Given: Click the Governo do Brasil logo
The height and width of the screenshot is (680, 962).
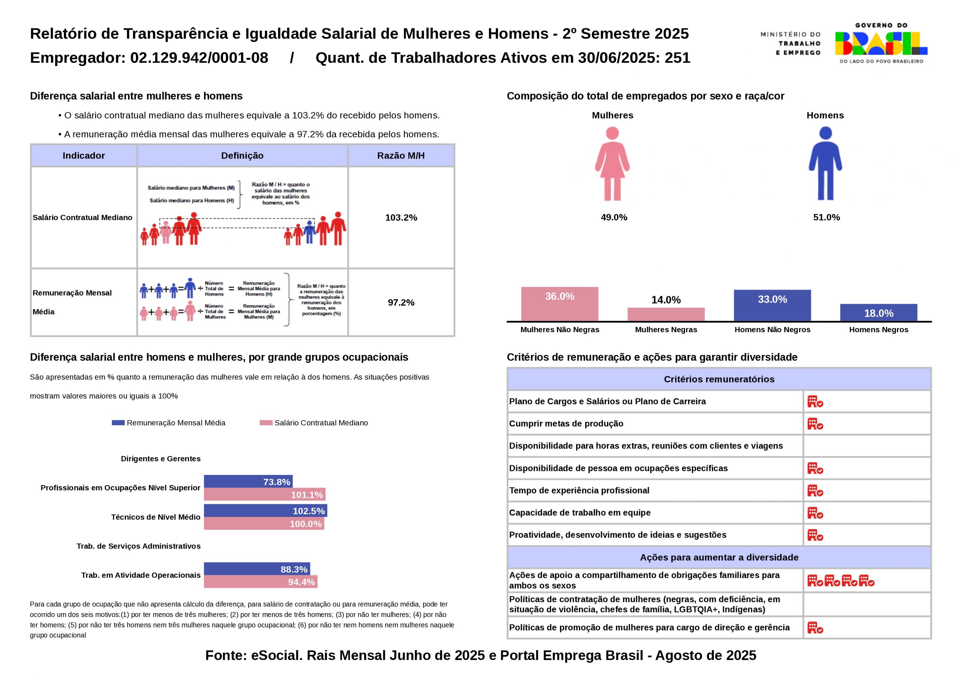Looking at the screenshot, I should [x=881, y=44].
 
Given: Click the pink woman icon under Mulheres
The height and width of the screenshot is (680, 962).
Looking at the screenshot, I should [x=612, y=164].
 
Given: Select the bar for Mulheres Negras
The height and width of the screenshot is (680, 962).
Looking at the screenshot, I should [x=666, y=314].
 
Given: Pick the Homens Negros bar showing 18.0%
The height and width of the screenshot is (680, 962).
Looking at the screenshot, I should [x=879, y=312].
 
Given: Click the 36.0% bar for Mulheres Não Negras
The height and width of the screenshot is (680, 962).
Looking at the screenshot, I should [x=560, y=304].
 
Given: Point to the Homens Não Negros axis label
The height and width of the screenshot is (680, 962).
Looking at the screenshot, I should [x=772, y=330].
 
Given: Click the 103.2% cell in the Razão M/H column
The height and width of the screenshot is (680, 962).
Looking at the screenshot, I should [x=401, y=218].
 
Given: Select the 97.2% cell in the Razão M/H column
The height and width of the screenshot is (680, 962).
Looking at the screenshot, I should [x=401, y=302].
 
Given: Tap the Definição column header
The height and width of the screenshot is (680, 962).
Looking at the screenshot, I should [x=242, y=156].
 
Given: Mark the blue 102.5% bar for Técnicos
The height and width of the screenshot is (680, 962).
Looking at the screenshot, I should [x=265, y=511].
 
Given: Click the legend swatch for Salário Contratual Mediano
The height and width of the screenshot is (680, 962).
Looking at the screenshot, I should [x=266, y=423].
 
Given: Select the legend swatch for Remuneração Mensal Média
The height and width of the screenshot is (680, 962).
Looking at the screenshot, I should [x=118, y=423].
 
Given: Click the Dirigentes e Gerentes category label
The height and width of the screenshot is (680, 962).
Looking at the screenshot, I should [x=160, y=458].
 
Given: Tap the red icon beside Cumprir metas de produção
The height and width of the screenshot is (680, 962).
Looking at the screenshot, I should [x=815, y=424].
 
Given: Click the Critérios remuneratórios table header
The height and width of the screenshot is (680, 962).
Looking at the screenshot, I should [x=718, y=379].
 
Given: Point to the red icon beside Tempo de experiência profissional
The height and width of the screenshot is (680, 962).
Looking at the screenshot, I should [x=815, y=490].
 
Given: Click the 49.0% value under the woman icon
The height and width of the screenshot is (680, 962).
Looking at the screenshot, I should [x=614, y=217].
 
